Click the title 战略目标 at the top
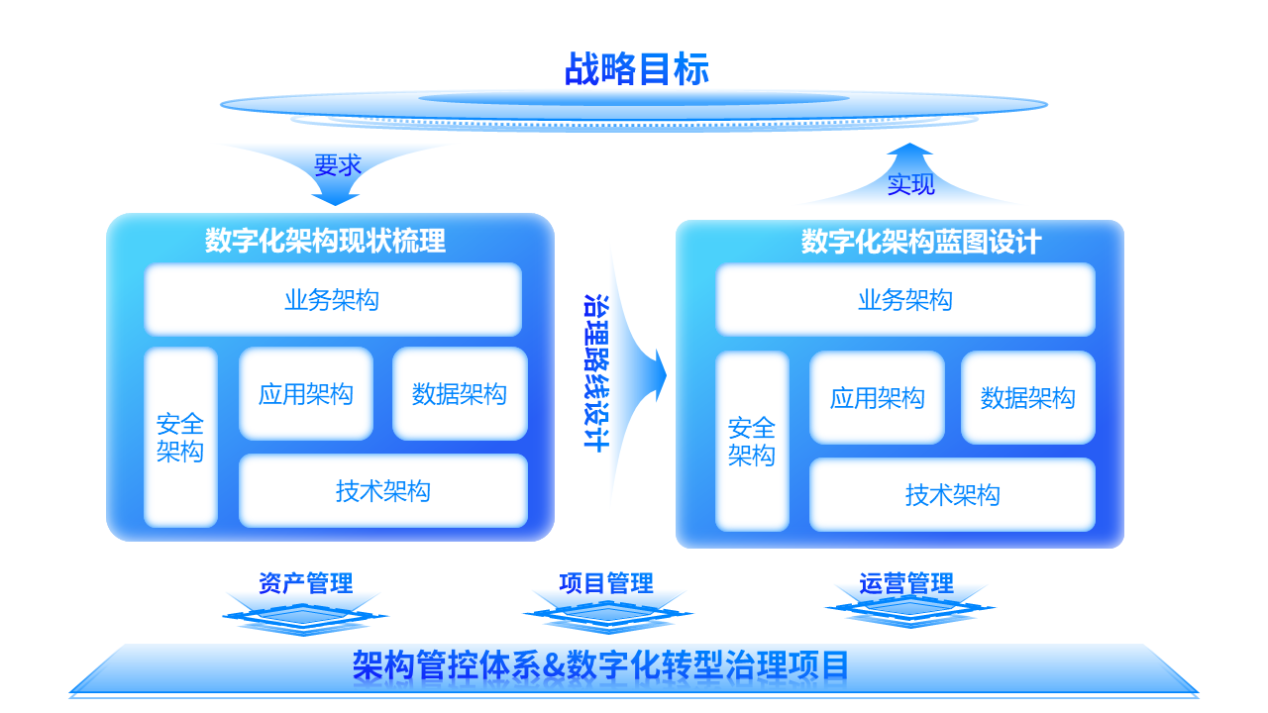tap(636, 69)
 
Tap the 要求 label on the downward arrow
tap(338, 165)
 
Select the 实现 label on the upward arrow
tap(910, 184)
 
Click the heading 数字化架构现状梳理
tap(325, 241)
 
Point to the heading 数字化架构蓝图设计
tap(921, 242)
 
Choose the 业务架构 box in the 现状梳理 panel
tap(333, 299)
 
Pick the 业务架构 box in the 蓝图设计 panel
tap(905, 300)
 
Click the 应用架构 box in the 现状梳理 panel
tap(306, 394)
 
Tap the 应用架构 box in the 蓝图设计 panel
tap(877, 398)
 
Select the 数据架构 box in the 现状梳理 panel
tap(460, 394)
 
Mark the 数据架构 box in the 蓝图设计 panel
tap(1028, 398)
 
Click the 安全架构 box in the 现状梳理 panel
tap(180, 438)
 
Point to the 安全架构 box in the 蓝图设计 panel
tap(752, 442)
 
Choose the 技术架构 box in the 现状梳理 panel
tap(383, 491)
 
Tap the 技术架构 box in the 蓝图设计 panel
tap(952, 495)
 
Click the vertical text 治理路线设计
tap(596, 373)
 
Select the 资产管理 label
tap(306, 583)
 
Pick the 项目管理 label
tap(606, 583)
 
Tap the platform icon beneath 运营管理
tap(909, 609)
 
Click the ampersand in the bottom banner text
tap(553, 666)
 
